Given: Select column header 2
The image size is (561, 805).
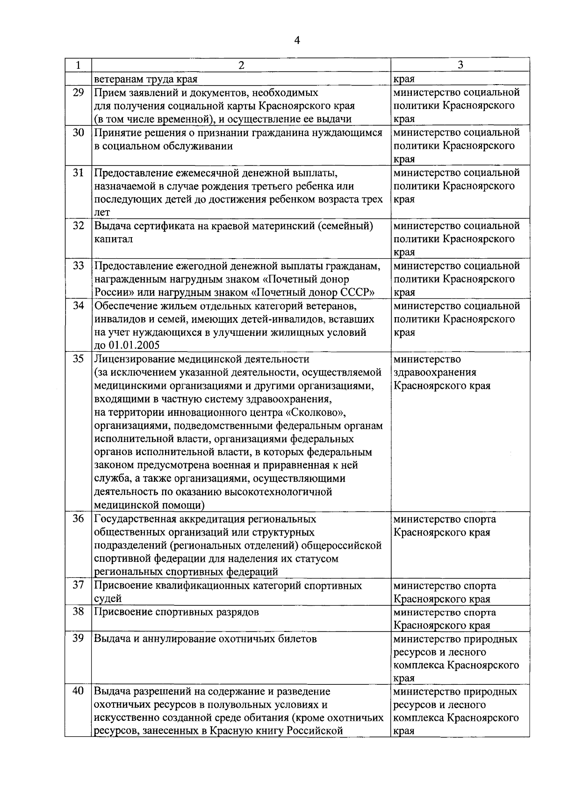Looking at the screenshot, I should [x=241, y=65].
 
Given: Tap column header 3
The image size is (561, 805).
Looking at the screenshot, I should [x=460, y=65].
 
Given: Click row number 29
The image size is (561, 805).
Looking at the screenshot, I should [x=78, y=93].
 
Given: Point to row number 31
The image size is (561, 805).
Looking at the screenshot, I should [x=78, y=173].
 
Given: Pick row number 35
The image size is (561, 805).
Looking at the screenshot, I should [x=78, y=359].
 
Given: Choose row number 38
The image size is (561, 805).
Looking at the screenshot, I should [x=78, y=612].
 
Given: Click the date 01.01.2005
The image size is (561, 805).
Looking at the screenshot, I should [x=133, y=346].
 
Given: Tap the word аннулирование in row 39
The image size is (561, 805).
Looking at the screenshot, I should [x=175, y=639].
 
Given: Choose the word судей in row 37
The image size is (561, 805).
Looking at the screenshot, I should [x=108, y=599].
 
